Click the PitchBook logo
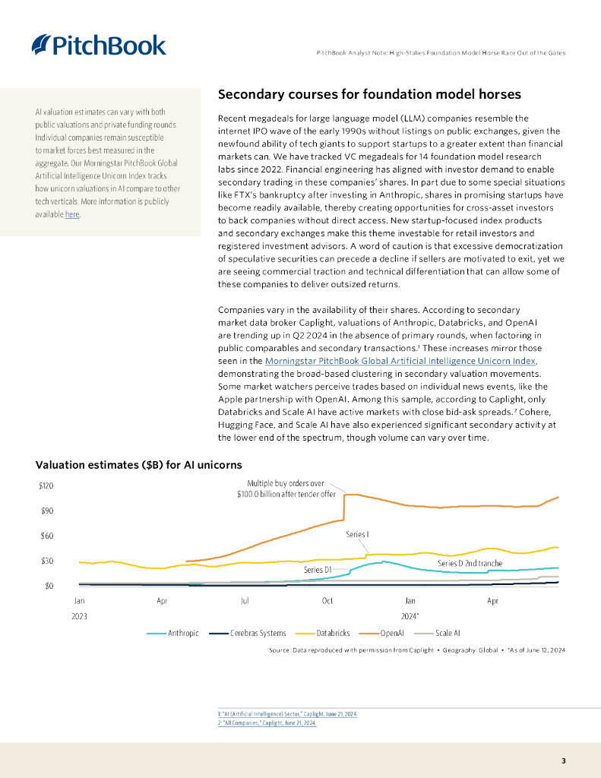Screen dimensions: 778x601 99,45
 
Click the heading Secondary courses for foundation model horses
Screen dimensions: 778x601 369,95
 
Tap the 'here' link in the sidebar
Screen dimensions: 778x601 71,214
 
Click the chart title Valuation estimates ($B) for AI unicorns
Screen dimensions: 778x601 138,464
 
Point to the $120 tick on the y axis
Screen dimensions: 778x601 46,485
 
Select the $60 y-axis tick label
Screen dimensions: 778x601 46,536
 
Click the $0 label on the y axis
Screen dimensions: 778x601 49,586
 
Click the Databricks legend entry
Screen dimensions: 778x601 332,633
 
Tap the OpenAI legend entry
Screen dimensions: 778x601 391,633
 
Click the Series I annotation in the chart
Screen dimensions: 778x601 357,535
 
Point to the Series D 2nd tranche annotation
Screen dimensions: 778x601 470,564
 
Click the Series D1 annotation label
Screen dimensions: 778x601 318,569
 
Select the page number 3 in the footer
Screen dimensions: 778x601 563,761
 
